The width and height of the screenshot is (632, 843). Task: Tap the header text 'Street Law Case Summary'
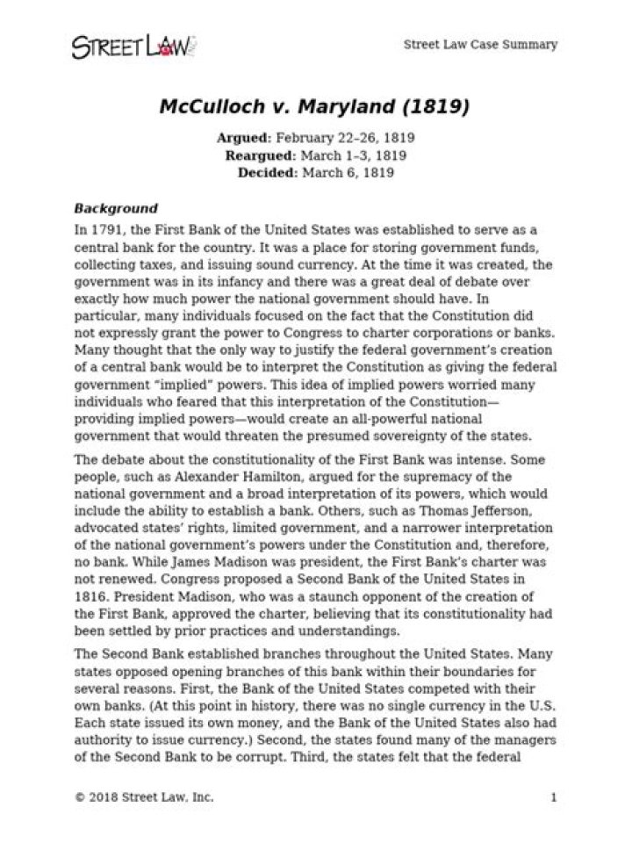[479, 45]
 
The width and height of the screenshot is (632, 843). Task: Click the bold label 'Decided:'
[267, 172]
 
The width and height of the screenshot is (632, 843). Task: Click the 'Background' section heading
[116, 209]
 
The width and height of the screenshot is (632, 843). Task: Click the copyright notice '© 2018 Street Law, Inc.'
[144, 798]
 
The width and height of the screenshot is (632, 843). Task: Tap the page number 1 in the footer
[554, 798]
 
